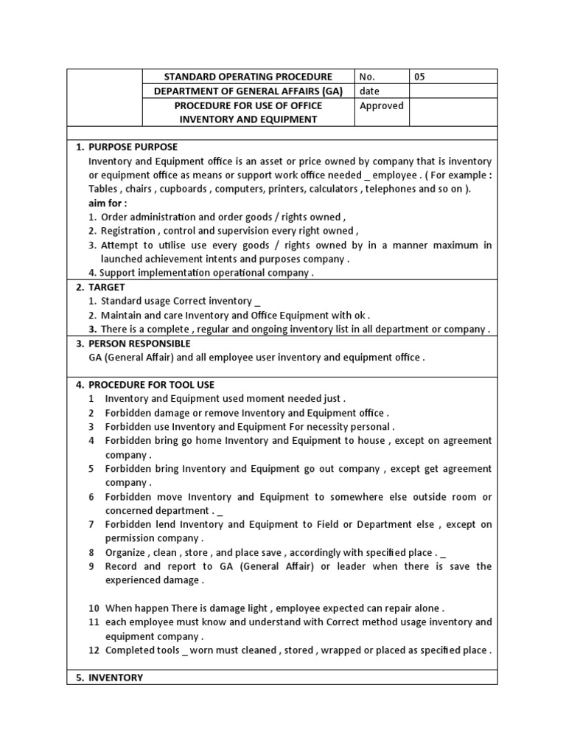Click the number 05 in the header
click(420, 77)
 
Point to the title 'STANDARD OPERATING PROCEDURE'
click(248, 77)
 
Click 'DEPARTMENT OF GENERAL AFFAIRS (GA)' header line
click(248, 91)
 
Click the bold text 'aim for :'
click(108, 203)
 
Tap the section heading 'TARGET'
click(107, 287)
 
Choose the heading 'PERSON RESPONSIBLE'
click(139, 344)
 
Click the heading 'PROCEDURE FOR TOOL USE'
click(151, 385)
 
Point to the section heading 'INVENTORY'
click(116, 678)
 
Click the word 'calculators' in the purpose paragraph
click(332, 189)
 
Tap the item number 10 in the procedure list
click(94, 608)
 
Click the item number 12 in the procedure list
click(94, 650)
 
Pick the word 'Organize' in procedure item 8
click(126, 552)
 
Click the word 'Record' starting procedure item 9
click(121, 566)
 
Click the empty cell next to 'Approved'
click(453, 113)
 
